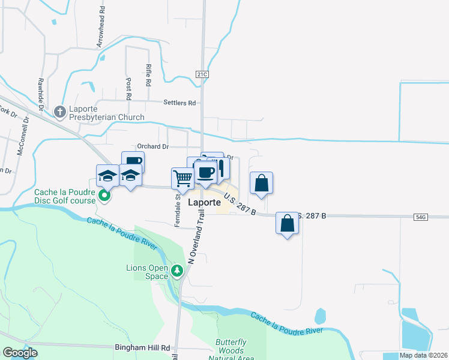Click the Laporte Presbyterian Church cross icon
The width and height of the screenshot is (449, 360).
point(59,112)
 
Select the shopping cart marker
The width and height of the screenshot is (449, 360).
point(182,177)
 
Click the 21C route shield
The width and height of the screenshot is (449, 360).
point(201,73)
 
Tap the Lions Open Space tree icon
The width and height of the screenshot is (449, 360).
point(177,271)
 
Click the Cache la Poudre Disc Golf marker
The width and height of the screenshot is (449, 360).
point(104,195)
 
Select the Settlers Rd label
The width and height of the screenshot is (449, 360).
point(180,103)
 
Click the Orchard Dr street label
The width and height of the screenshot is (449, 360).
point(152,146)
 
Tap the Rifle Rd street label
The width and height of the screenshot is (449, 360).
point(148,74)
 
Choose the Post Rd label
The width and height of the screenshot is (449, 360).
point(128,88)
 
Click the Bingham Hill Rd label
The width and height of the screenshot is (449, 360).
point(142,347)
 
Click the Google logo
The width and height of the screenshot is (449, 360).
point(20,353)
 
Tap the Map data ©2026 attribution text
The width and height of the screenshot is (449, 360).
point(423,355)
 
